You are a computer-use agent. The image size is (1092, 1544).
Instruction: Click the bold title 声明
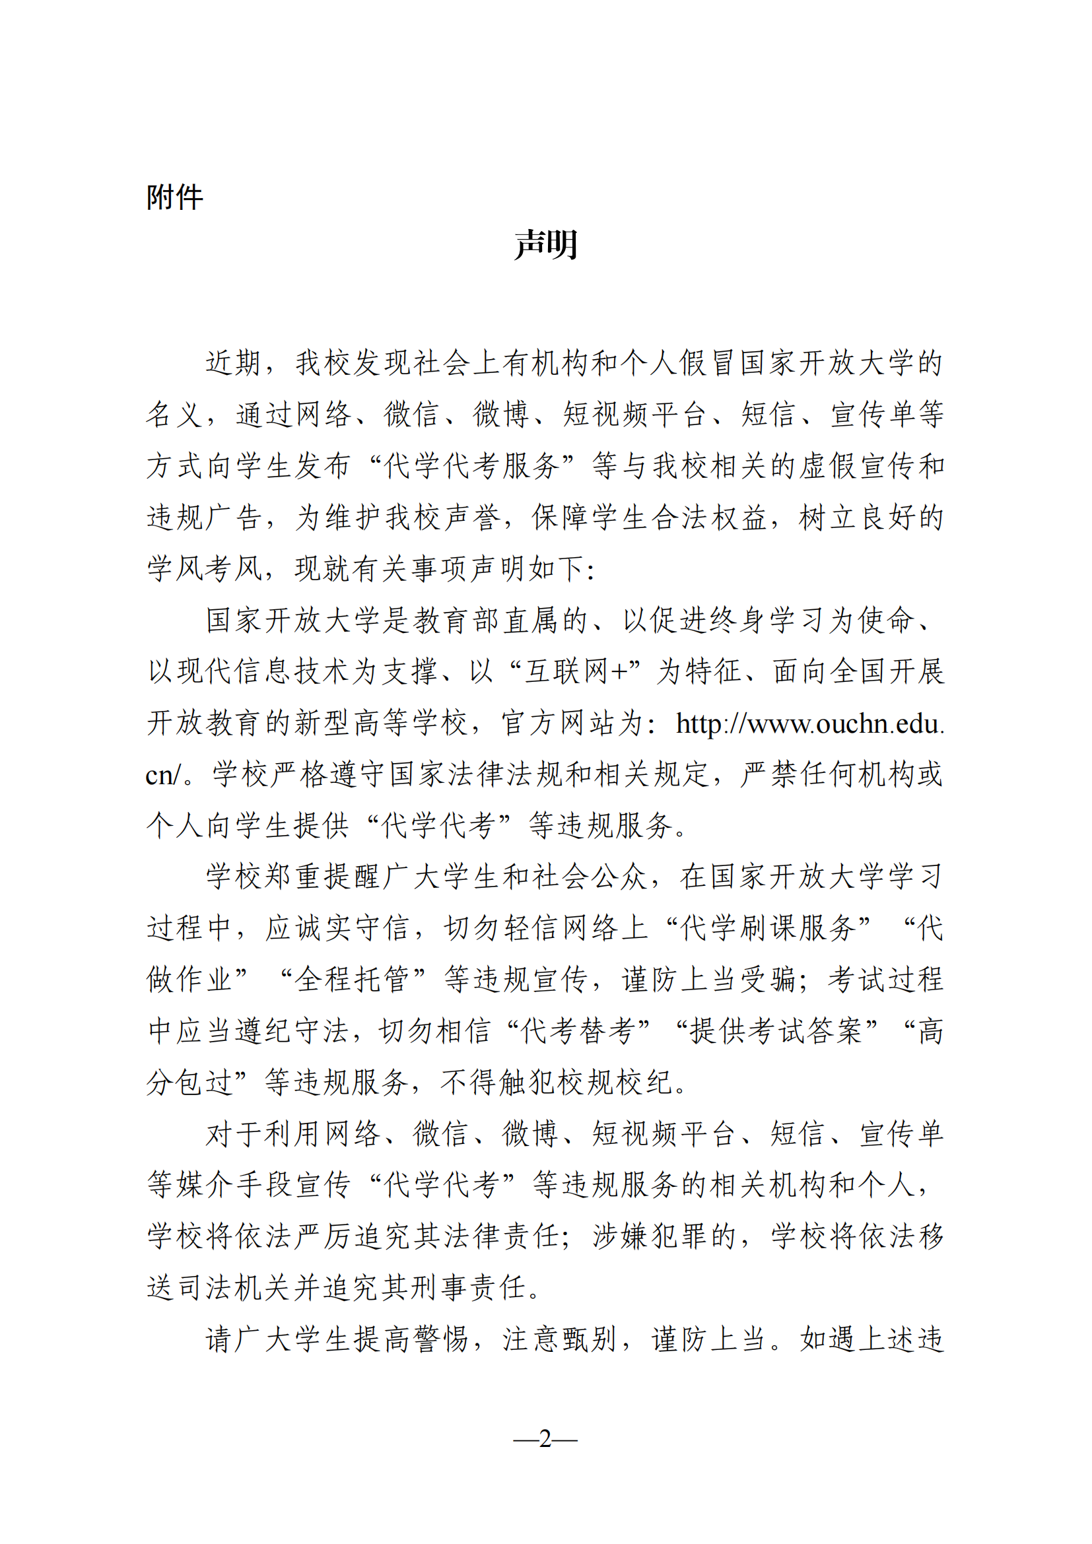click(545, 244)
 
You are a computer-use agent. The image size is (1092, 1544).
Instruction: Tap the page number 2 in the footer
click(545, 1438)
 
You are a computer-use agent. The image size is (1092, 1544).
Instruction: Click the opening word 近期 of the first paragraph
click(232, 363)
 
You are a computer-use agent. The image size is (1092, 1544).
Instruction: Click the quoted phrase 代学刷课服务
click(767, 929)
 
